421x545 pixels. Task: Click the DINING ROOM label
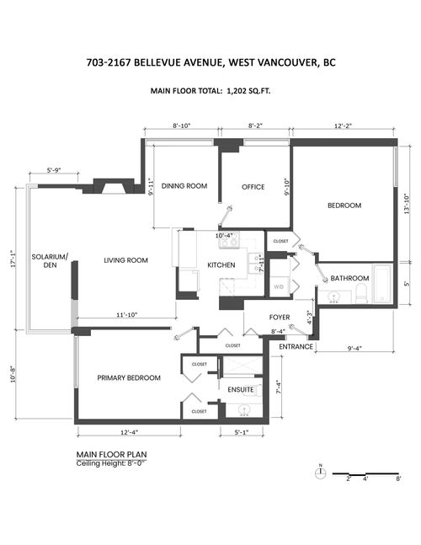pyautogui.click(x=184, y=186)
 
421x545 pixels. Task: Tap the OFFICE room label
pyautogui.click(x=253, y=186)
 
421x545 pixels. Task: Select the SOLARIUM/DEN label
pyautogui.click(x=50, y=260)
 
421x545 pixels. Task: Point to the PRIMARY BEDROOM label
pyautogui.click(x=128, y=378)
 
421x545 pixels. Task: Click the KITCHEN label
pyautogui.click(x=221, y=266)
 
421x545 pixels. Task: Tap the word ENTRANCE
pyautogui.click(x=296, y=346)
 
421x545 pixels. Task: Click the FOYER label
pyautogui.click(x=280, y=318)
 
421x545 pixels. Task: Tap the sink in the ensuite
pyautogui.click(x=244, y=412)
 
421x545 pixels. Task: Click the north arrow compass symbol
pyautogui.click(x=321, y=472)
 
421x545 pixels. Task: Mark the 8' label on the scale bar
pyautogui.click(x=398, y=478)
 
